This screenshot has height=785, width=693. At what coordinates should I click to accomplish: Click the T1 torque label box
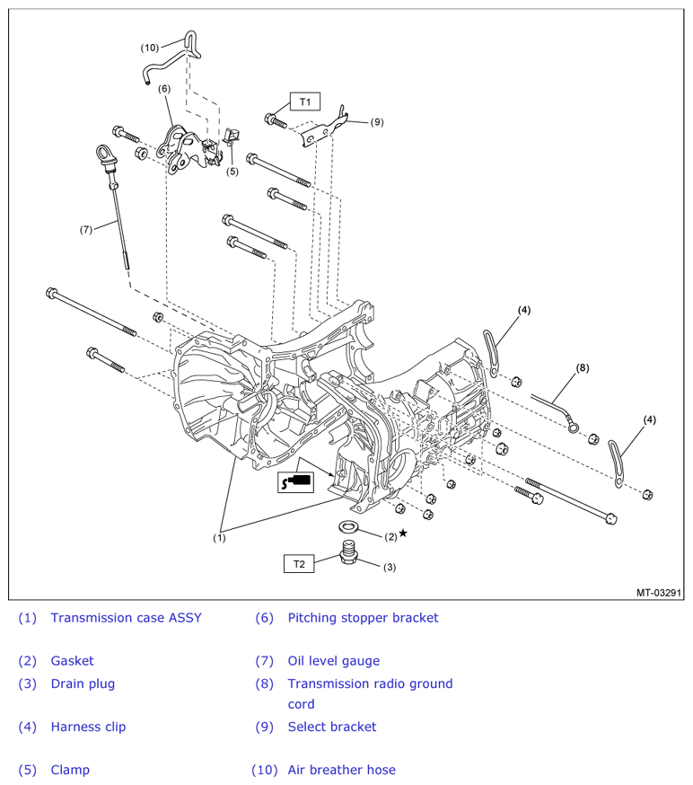coord(304,101)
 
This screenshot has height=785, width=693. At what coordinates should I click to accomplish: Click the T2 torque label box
coord(299,564)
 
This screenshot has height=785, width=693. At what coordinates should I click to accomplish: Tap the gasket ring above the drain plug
coord(347,526)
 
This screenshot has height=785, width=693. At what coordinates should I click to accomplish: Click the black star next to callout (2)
coord(403,534)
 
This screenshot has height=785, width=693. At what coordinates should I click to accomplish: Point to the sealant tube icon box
coord(295,482)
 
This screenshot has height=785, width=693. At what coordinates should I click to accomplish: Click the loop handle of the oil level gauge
coord(103,153)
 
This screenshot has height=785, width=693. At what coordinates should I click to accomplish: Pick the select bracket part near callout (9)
coord(324,129)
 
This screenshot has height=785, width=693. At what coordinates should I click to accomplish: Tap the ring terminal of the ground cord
coord(573,427)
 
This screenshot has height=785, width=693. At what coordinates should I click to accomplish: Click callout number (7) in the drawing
coord(86,229)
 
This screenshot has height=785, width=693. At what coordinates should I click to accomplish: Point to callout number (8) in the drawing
coord(583,368)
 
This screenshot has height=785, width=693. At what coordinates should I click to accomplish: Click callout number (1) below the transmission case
coord(219,538)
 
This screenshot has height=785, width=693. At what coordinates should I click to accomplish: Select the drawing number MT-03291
coord(659,593)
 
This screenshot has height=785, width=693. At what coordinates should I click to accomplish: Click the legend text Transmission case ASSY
coord(126,618)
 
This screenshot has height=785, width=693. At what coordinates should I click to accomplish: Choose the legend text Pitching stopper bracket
coord(363,618)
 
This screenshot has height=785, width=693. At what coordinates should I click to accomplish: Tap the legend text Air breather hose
coord(341,770)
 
